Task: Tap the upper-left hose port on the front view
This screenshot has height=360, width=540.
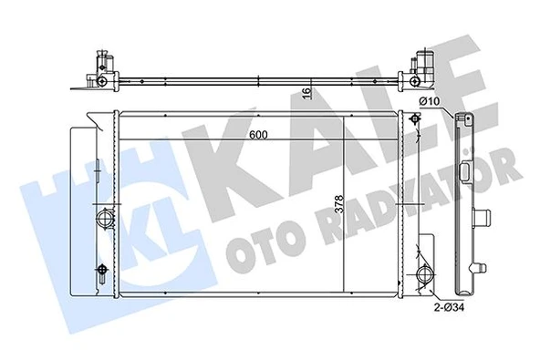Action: click(103, 219)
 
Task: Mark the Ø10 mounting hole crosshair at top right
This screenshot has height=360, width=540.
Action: click(416, 119)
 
